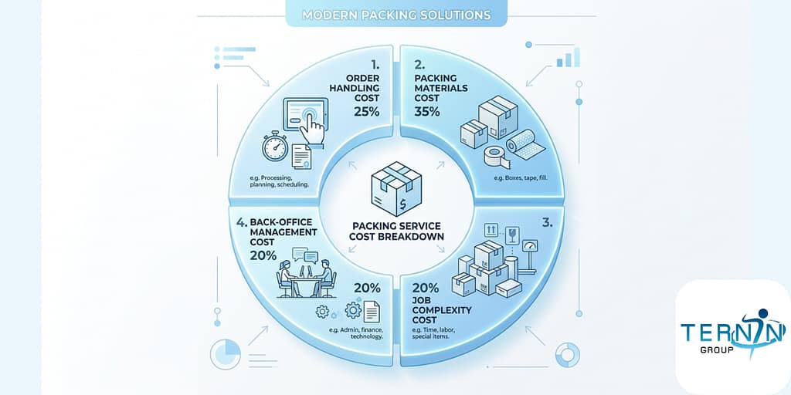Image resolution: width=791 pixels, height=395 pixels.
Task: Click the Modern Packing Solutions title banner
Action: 396,15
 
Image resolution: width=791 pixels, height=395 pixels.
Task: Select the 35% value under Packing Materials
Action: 427,111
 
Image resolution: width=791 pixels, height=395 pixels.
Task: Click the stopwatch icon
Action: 275,146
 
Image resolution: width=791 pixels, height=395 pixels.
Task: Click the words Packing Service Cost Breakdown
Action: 396,231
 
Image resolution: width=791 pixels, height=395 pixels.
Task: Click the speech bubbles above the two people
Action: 304,255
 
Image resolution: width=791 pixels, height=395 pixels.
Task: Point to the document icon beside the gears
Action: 372,310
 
